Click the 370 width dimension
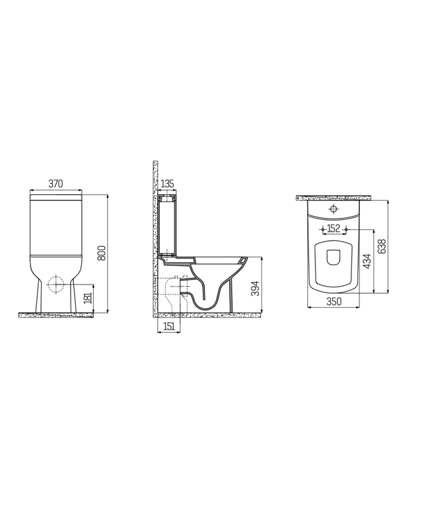tap(57, 184)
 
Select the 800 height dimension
tap(102, 254)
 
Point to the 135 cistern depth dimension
tap(168, 184)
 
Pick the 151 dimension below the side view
tap(168, 325)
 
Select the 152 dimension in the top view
tap(334, 228)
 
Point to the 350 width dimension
tap(334, 302)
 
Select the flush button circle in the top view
tap(334, 209)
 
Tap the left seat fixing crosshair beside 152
tap(322, 229)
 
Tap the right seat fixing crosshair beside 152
tap(345, 229)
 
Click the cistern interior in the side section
tap(168, 224)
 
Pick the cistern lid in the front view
tap(57, 195)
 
